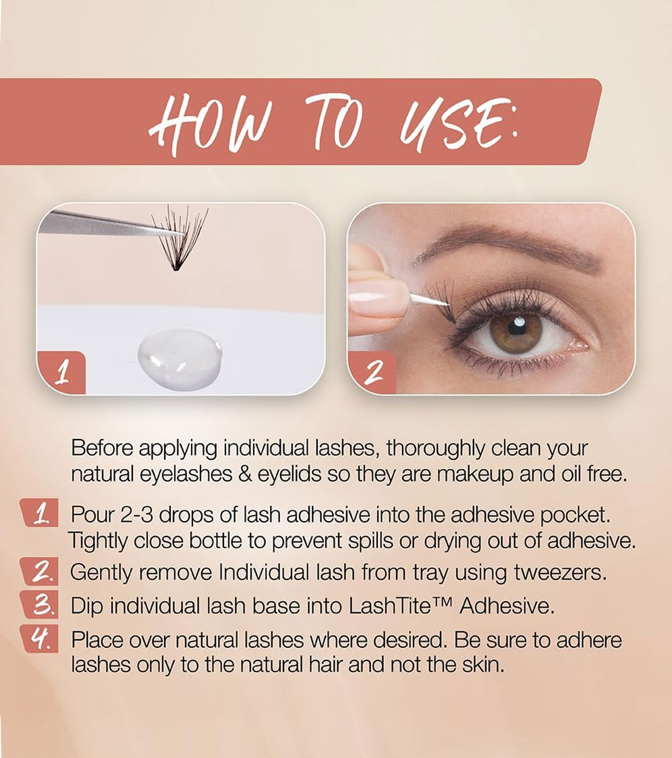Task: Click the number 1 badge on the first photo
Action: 61,373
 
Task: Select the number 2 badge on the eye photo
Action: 372,373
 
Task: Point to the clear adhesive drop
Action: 180,359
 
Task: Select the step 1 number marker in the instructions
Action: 39,513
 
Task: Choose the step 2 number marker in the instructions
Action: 39,572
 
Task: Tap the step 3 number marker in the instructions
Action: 39,605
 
